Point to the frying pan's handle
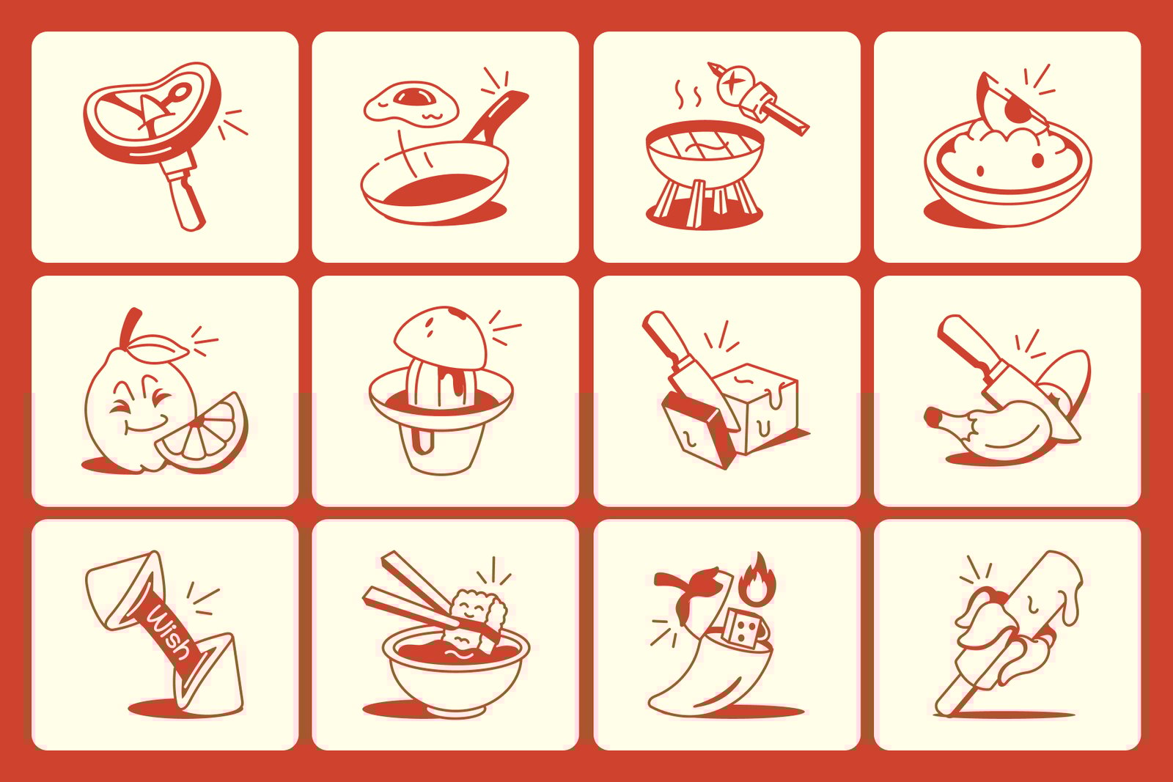tap(496, 117)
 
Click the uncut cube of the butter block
tap(760, 408)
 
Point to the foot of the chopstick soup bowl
tap(455, 710)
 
